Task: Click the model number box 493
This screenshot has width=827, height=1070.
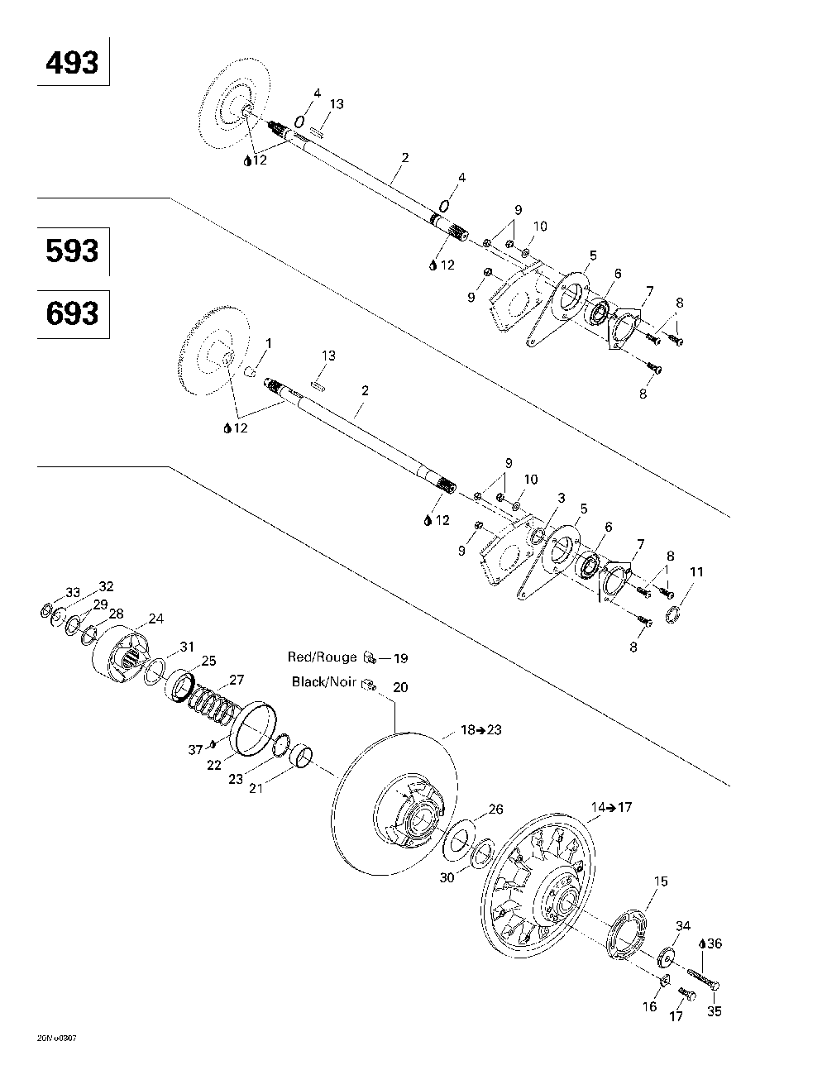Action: (73, 62)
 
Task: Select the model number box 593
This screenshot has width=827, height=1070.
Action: (73, 251)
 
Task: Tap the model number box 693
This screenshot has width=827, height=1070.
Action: (73, 313)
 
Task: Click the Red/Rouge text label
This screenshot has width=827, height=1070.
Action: (322, 657)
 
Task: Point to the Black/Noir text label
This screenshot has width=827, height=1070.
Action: (323, 682)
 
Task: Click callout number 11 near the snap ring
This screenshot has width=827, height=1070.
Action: (697, 571)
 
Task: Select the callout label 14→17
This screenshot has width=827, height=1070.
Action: (610, 807)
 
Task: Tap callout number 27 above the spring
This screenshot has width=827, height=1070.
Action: (236, 681)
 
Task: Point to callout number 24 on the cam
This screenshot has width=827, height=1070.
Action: (155, 619)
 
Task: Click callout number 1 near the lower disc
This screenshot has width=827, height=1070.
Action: (268, 342)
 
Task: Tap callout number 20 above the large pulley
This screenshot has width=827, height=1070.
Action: (400, 687)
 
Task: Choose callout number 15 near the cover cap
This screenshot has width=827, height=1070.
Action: (660, 881)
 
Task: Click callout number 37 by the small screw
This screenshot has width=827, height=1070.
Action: (195, 749)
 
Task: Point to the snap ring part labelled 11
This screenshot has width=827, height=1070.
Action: (672, 613)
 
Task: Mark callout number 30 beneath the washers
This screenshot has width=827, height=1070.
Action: (447, 877)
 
